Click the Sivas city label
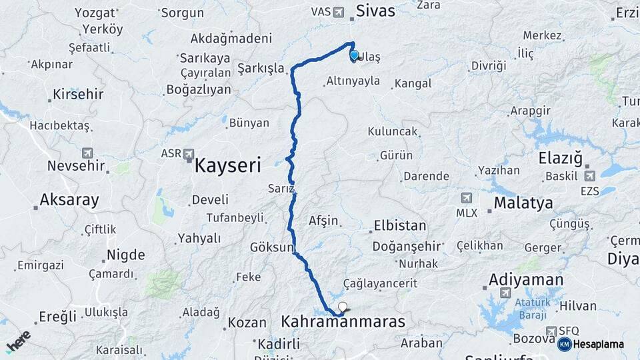(x=375, y=11)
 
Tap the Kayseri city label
(x=227, y=165)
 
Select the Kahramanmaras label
(x=343, y=322)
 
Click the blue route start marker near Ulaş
(x=354, y=56)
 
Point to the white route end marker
(x=343, y=307)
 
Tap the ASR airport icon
(x=189, y=153)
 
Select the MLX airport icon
(x=466, y=198)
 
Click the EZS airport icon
(x=589, y=176)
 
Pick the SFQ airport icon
(x=551, y=331)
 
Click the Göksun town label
(x=271, y=247)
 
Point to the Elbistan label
(x=399, y=225)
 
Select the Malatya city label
(x=523, y=203)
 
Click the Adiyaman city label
(x=526, y=279)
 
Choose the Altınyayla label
(x=353, y=81)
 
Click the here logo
(x=18, y=341)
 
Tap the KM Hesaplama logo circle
(x=564, y=344)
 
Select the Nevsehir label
(x=77, y=166)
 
